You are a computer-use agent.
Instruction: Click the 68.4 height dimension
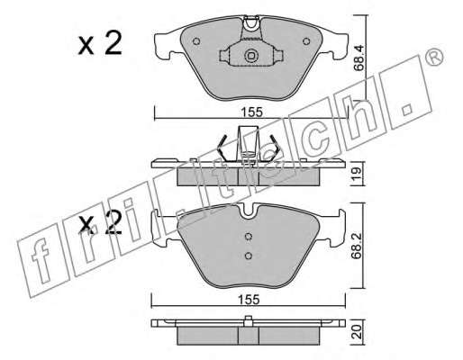(359, 58)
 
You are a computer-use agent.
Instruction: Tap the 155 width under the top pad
(251, 112)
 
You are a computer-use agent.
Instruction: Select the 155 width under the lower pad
(249, 300)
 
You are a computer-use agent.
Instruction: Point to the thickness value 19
(357, 174)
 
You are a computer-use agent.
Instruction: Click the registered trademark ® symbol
(435, 56)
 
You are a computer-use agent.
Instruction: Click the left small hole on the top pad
(196, 41)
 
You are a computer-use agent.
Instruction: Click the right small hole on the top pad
(306, 41)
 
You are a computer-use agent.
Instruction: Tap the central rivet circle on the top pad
(251, 56)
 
